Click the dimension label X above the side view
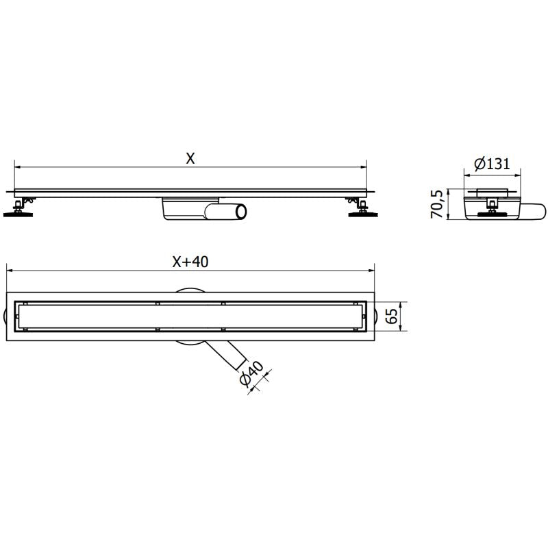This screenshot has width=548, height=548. tap(190, 158)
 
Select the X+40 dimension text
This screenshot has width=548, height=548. tap(190, 261)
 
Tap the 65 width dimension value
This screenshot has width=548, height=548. tap(392, 316)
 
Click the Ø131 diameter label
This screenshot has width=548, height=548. tap(491, 164)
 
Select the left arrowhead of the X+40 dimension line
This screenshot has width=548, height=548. tap(9, 269)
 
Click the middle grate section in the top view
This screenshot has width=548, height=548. tap(190, 316)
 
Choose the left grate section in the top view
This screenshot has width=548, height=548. tap(89, 316)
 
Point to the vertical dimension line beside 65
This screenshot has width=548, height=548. tap(401, 316)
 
